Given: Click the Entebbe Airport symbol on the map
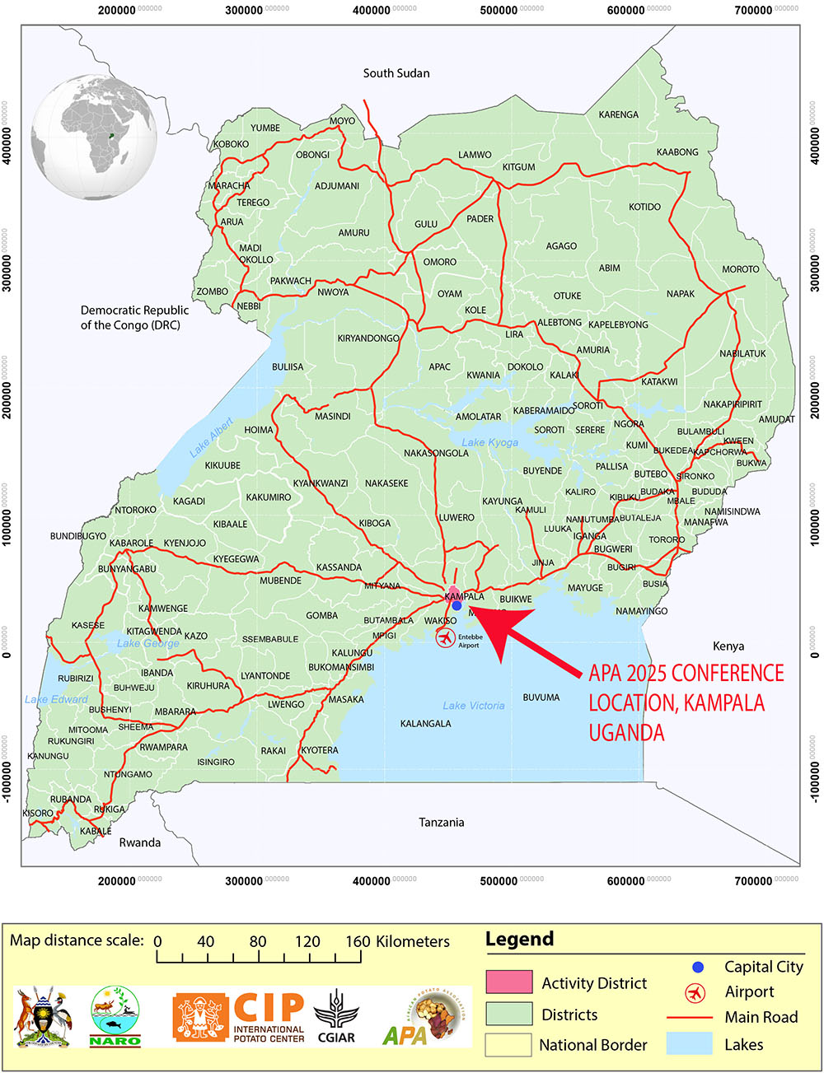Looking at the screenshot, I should (445, 637).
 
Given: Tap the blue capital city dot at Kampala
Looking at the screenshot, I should (456, 605).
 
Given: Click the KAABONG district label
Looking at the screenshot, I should (677, 152).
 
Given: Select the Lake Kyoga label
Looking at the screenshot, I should (489, 442).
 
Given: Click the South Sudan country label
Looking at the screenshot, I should (396, 73).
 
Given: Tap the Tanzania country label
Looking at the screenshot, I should (441, 822).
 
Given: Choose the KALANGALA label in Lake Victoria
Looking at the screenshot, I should (425, 724).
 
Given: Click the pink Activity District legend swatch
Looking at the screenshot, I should (508, 982).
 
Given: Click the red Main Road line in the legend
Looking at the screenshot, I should (689, 1018).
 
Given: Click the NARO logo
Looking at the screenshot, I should (115, 1018).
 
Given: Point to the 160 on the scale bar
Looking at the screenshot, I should (358, 941).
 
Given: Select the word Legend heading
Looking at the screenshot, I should (519, 939).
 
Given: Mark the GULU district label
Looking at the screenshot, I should (426, 224).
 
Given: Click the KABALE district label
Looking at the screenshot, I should (96, 831).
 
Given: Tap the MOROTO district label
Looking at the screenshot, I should (740, 269).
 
